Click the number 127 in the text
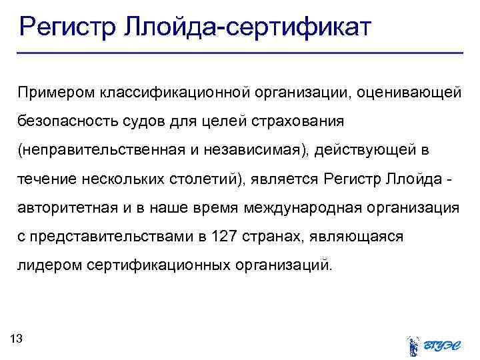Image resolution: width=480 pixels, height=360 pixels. click(222, 237)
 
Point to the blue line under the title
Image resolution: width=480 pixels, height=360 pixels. click(240, 53)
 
